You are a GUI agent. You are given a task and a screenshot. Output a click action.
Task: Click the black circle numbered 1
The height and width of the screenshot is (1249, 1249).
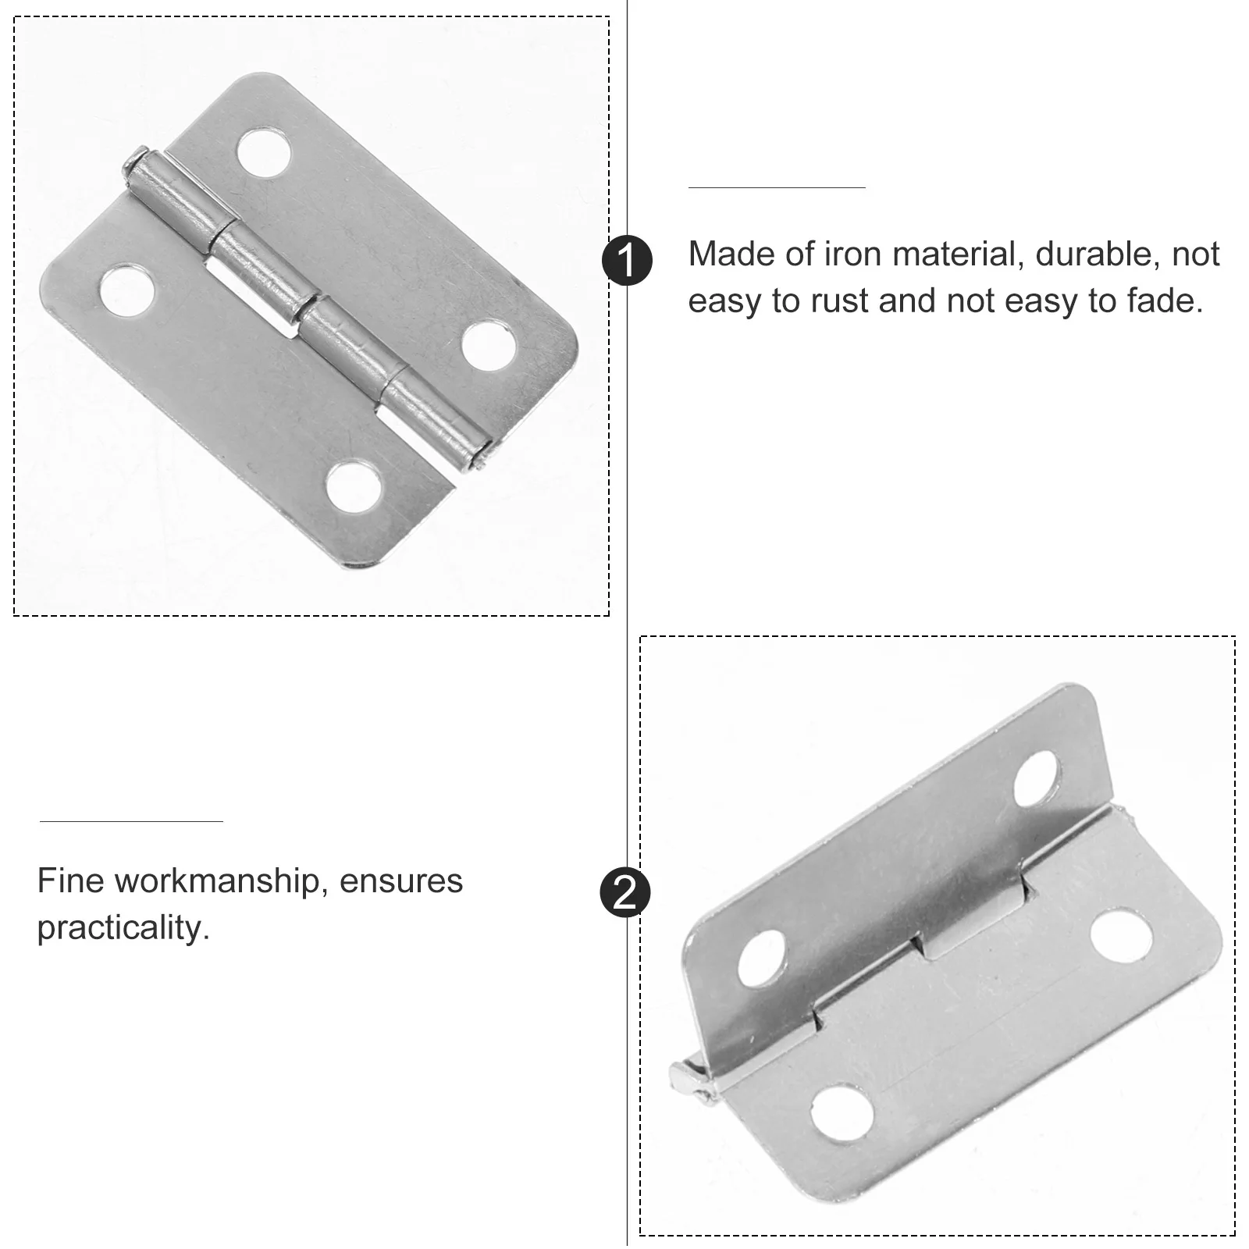(x=628, y=259)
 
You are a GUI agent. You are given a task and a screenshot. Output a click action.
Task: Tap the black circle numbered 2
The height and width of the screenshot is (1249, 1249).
(x=625, y=892)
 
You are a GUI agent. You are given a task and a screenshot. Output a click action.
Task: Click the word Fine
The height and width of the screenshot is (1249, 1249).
(x=71, y=881)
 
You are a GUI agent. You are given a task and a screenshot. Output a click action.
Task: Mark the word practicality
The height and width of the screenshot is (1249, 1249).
(x=123, y=929)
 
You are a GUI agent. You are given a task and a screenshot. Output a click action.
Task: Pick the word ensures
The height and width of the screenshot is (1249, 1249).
(x=401, y=882)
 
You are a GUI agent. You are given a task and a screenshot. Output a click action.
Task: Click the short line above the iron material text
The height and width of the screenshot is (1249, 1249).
(x=777, y=188)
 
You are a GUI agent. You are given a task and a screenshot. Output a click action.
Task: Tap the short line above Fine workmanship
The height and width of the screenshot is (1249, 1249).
(x=131, y=821)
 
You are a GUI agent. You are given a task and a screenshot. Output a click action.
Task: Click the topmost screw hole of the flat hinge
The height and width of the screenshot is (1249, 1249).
(x=265, y=150)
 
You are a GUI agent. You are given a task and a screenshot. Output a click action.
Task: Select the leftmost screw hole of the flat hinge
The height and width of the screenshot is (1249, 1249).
(x=125, y=291)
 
